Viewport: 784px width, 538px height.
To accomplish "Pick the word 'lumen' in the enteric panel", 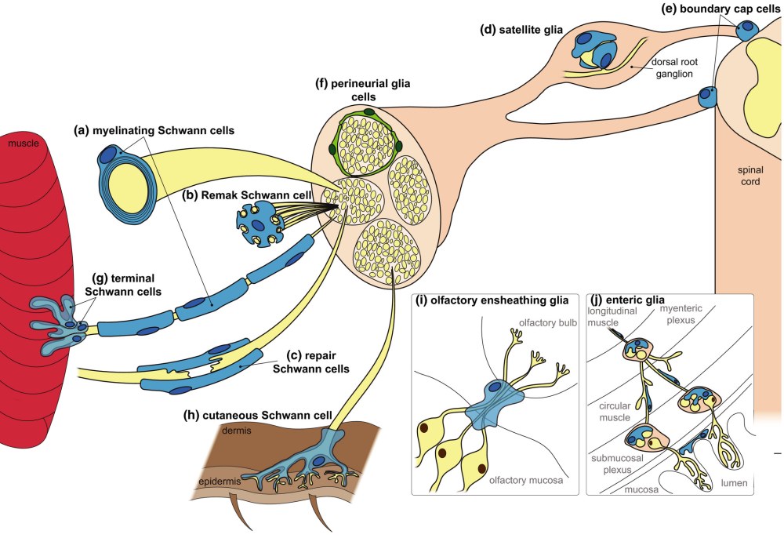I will tap(733, 482).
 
